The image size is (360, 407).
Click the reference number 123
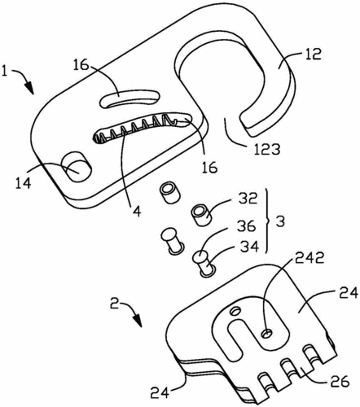pyautogui.click(x=266, y=149)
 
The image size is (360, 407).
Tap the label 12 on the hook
pyautogui.click(x=313, y=55)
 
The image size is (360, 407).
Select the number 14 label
pyautogui.click(x=23, y=184)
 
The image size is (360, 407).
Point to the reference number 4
pyautogui.click(x=138, y=211)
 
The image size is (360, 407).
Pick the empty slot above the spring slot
pyautogui.click(x=130, y=98)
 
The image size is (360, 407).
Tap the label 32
pyautogui.click(x=248, y=199)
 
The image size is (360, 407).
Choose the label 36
pyautogui.click(x=247, y=226)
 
